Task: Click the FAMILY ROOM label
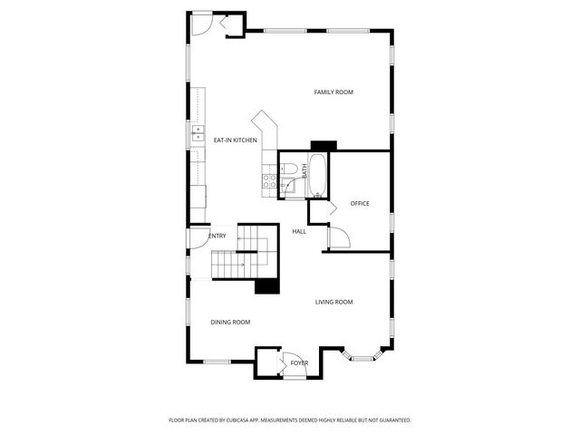(333, 92)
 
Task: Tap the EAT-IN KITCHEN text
(235, 140)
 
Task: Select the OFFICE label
(360, 203)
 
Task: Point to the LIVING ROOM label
(333, 302)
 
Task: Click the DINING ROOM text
(230, 322)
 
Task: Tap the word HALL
(299, 231)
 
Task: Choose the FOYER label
(299, 362)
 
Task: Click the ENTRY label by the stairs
(217, 237)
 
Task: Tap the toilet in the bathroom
(288, 168)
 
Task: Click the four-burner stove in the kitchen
(269, 179)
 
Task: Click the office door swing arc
(336, 238)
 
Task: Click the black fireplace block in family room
(324, 145)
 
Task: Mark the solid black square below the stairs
(266, 285)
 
